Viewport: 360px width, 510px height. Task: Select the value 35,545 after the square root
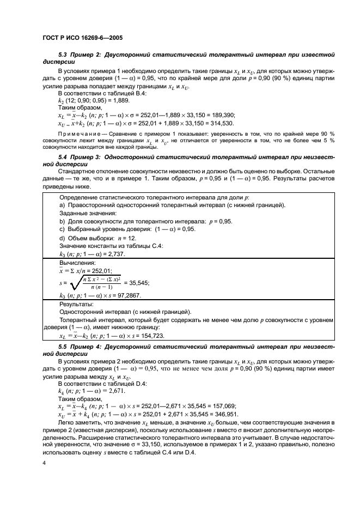pyautogui.click(x=137, y=283)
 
